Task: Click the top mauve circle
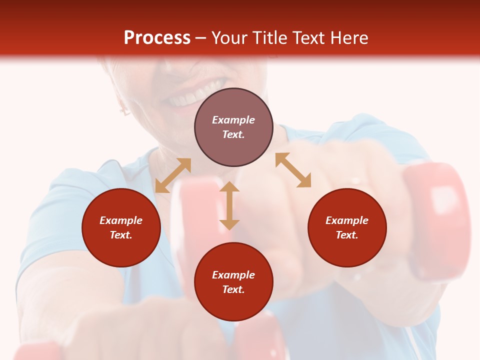(233, 127)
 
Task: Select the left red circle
(121, 227)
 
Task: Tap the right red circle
(347, 227)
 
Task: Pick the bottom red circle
(233, 282)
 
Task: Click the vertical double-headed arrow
(229, 205)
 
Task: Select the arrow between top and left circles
(173, 175)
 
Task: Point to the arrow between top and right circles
(293, 170)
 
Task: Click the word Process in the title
(157, 37)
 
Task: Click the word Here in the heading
(348, 37)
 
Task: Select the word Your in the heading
(229, 37)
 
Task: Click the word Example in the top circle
(233, 120)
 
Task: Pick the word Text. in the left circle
(121, 235)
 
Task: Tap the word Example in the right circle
(347, 220)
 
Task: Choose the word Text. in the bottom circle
(233, 289)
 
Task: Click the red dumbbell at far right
(437, 220)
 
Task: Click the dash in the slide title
(201, 38)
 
